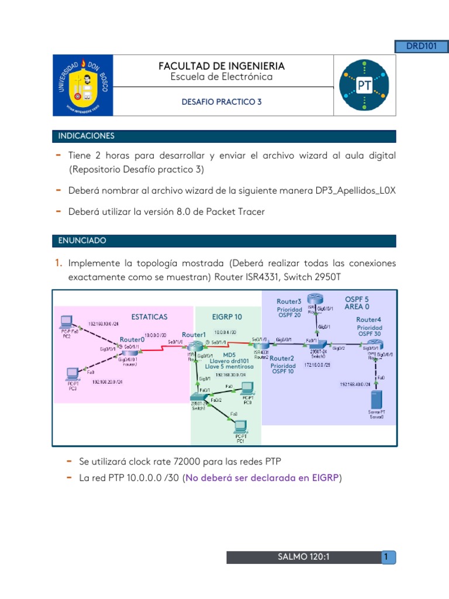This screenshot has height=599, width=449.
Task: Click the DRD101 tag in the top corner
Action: point(422,46)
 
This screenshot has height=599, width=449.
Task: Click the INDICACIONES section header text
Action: point(86,136)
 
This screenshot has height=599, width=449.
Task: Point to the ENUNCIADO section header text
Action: point(82,240)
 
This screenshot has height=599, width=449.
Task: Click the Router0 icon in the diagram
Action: point(128,349)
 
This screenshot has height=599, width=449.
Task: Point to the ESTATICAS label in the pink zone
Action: point(149,316)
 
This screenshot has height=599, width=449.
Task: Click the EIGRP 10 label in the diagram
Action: point(227,316)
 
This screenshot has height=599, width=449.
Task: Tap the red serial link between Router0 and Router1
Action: point(163,349)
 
